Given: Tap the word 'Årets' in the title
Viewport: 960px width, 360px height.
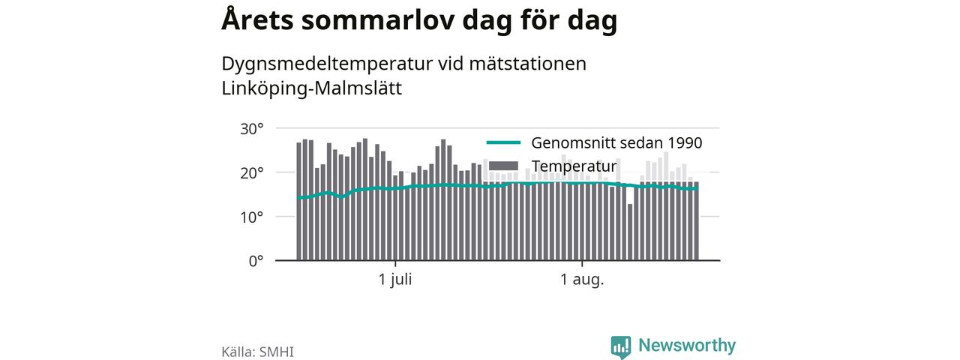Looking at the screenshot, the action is pos(257,19).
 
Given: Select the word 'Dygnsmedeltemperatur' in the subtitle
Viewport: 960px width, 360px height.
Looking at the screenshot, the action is pos(327,64).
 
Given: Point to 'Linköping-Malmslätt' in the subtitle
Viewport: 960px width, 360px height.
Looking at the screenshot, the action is pos(311,88).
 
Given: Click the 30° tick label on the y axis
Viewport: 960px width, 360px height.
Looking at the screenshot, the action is pos(251,129).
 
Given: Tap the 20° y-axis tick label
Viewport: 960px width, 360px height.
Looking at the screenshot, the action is pos(251,173).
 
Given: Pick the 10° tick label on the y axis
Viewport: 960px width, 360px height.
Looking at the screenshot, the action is pos(251,217).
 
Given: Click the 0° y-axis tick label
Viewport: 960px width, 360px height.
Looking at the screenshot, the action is pos(256,261).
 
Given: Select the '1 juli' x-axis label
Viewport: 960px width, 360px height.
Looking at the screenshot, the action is pos(395,280).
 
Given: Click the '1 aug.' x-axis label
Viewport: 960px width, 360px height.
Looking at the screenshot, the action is pos(582,280).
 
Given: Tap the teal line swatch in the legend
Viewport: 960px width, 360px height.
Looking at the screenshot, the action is pos(503,142).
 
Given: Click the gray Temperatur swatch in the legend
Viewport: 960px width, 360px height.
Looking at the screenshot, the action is pos(503,166).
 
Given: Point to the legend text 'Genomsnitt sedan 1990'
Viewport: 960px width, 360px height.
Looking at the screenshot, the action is pos(616,142).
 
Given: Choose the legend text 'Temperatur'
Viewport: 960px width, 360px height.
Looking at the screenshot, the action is pos(574,166).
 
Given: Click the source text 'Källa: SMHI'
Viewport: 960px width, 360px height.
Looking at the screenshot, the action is pos(257,352).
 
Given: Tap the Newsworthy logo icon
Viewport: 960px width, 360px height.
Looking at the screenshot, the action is pos(621,346).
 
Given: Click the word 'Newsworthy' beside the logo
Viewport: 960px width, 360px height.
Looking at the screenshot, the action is pos(687,346).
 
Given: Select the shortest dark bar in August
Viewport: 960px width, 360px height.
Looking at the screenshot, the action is pos(630,232).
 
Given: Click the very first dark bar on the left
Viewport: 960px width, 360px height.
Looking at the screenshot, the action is pos(299,202).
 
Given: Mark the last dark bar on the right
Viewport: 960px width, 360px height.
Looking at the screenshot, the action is pos(697,221).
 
